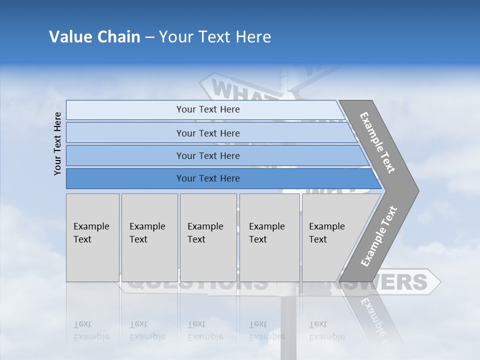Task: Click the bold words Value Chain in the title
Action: pyautogui.click(x=94, y=37)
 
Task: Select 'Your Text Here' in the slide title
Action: pyautogui.click(x=215, y=37)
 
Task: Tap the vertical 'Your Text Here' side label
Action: pyautogui.click(x=57, y=143)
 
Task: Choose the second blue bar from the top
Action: pyautogui.click(x=207, y=133)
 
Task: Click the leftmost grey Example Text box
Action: pyautogui.click(x=92, y=237)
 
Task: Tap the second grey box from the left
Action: pyautogui.click(x=149, y=237)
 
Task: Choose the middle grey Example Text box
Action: pyautogui.click(x=208, y=237)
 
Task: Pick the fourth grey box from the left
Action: pyautogui.click(x=269, y=237)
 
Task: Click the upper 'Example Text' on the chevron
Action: pyautogui.click(x=377, y=142)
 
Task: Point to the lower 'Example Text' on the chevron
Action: pyautogui.click(x=379, y=236)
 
